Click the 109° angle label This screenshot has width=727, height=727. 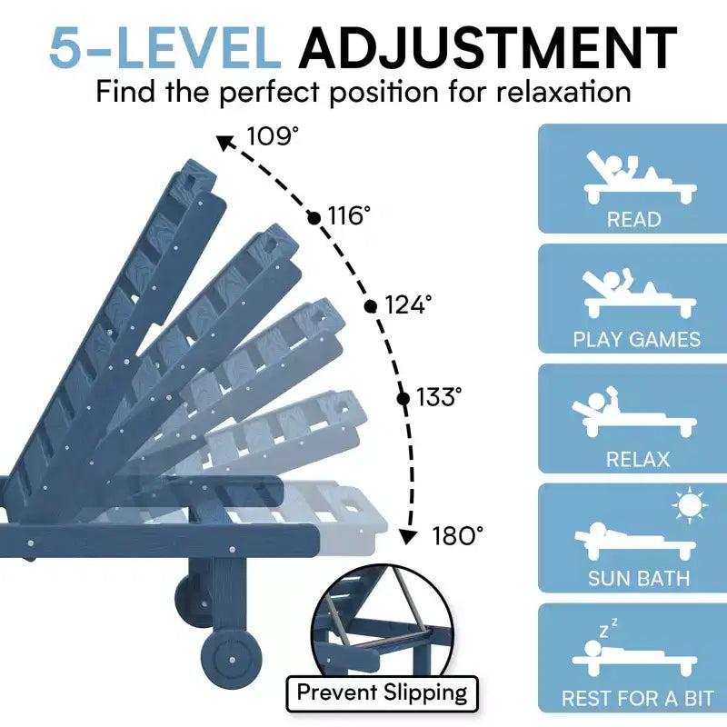coord(273,135)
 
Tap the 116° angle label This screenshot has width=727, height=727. coord(349,215)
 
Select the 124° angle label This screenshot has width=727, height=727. coord(408,304)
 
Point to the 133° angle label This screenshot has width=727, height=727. coord(439,397)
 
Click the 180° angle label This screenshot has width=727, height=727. coord(458,535)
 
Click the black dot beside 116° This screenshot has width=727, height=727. coord(314,218)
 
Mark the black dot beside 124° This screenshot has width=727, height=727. coord(371,306)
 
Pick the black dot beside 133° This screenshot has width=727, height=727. coord(403,399)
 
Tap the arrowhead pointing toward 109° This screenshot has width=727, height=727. coord(225,143)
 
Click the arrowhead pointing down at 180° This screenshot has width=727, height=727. coord(408,536)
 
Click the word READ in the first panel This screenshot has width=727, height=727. coord(633,219)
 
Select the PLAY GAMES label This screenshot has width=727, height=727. coord(637,339)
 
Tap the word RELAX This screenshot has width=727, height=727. coord(638,460)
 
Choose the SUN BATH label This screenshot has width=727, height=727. coord(639,579)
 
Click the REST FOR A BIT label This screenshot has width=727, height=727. coord(638,698)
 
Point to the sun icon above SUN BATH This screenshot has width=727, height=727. coord(690,505)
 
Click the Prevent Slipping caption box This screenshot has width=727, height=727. coord(382,693)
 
